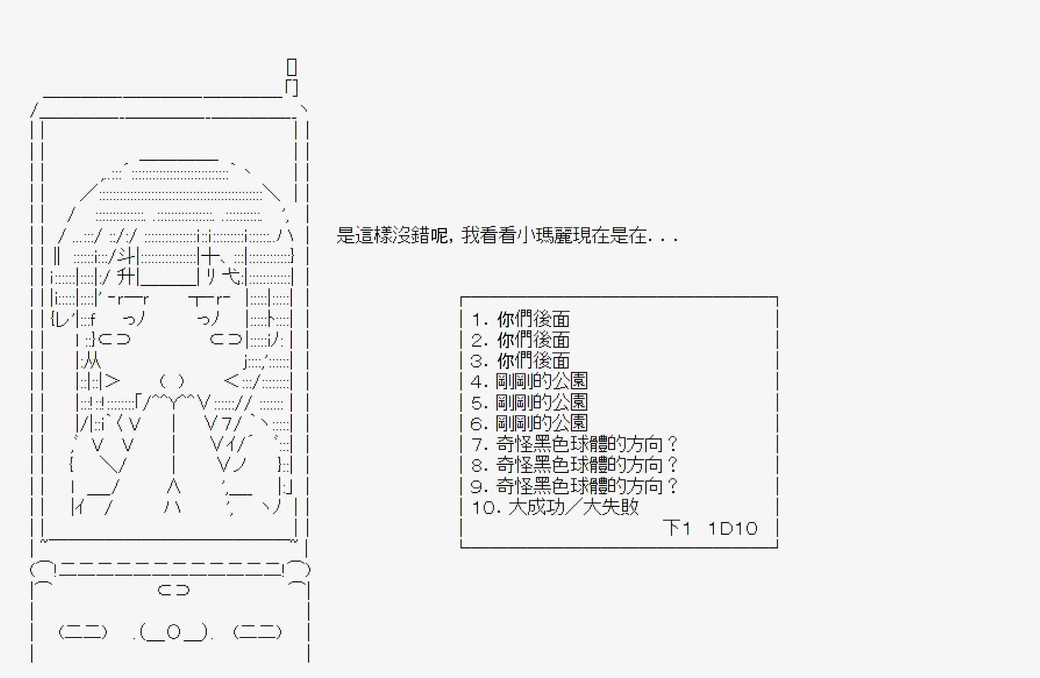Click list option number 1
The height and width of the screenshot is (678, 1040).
pos(521,319)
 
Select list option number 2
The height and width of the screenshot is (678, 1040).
pos(521,340)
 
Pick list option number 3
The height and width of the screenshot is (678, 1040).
pos(521,361)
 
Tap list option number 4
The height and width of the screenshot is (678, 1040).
pos(529,382)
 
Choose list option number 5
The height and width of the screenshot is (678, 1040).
pos(529,402)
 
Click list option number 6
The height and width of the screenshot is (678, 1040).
pos(529,423)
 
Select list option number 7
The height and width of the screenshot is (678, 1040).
pos(574,444)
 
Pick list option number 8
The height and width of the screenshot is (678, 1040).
pos(574,465)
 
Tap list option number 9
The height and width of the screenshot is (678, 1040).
pos(574,486)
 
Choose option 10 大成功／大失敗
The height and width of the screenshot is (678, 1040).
pos(555,507)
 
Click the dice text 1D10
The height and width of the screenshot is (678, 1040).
pos(732,528)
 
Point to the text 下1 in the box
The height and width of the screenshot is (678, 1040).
pos(677,528)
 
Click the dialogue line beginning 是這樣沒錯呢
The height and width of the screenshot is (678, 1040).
pos(507,236)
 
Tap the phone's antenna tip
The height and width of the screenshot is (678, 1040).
pos(292,67)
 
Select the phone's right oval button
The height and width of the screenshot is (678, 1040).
pos(257,632)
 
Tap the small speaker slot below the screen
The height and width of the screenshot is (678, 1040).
pos(174,590)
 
